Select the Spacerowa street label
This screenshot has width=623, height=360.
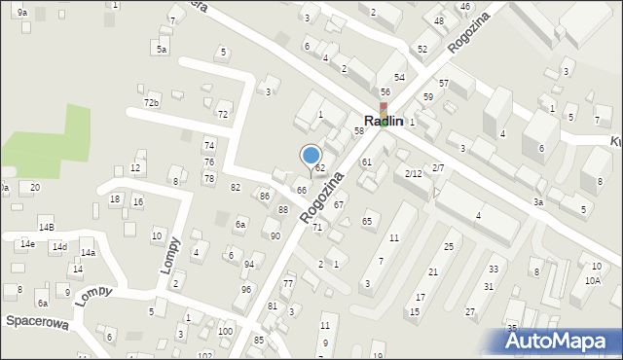pyautogui.click(x=35, y=320)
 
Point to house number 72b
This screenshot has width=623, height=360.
pyautogui.click(x=151, y=102)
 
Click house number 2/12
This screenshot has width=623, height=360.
pyautogui.click(x=413, y=173)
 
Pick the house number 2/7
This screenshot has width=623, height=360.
pyautogui.click(x=438, y=168)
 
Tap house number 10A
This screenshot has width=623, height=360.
pyautogui.click(x=593, y=280)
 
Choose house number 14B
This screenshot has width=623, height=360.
pyautogui.click(x=46, y=227)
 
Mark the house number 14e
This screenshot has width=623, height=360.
pyautogui.click(x=26, y=244)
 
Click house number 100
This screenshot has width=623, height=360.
pyautogui.click(x=225, y=333)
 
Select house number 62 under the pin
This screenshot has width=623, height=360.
pyautogui.click(x=319, y=169)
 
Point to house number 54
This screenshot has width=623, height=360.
pyautogui.click(x=399, y=77)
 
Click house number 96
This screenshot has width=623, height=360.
pyautogui.click(x=247, y=290)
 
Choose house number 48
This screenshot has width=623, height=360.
pyautogui.click(x=439, y=21)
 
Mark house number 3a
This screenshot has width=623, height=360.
pyautogui.click(x=537, y=202)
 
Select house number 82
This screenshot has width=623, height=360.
pyautogui.click(x=235, y=187)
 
